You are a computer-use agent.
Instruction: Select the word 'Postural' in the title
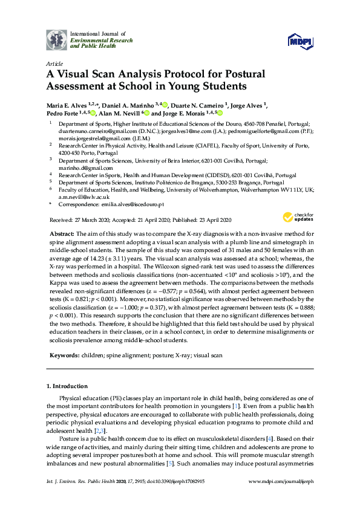(241, 74)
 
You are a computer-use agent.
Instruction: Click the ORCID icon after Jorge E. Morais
(220, 112)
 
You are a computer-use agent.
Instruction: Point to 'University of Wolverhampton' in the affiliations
(195, 189)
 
